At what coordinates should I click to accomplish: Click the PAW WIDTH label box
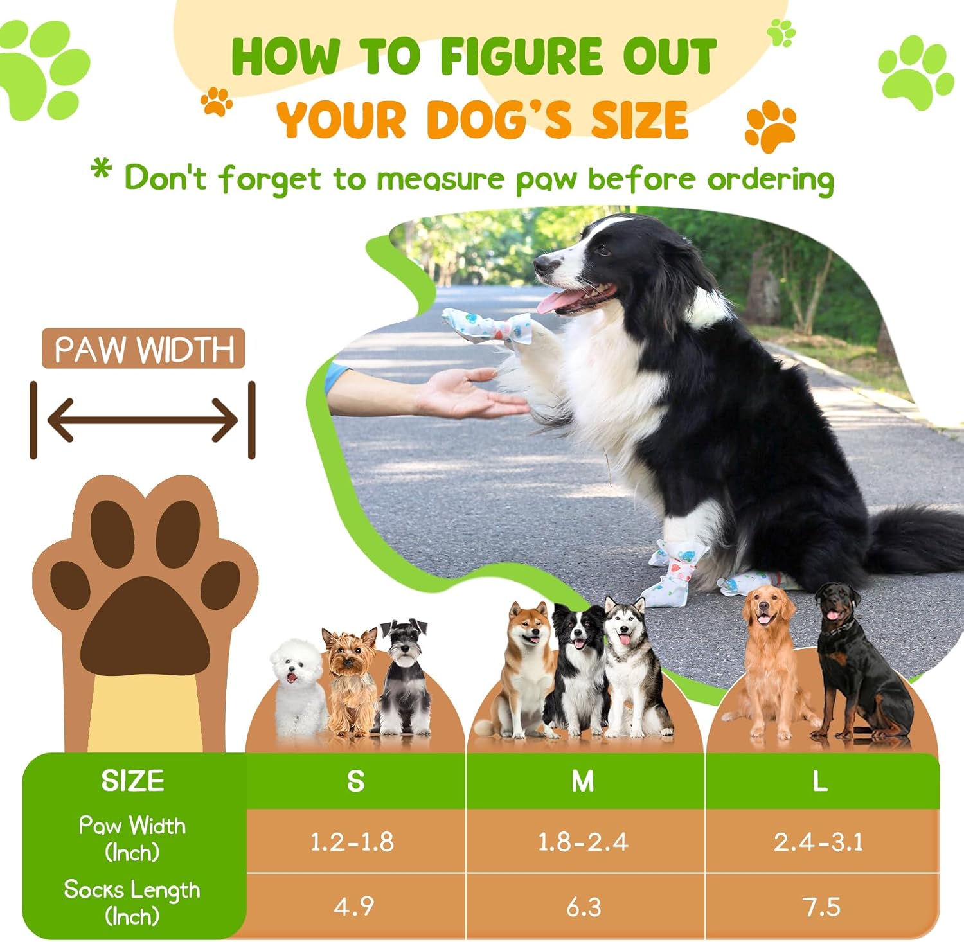click(143, 349)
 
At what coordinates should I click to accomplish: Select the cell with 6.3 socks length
click(584, 906)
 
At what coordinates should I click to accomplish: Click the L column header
click(820, 781)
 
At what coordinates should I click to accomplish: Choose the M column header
click(584, 781)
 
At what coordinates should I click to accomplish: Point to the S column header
click(355, 781)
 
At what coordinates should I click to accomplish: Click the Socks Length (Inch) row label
click(132, 902)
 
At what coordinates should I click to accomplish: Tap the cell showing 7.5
click(821, 906)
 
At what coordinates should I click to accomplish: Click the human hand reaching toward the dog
click(469, 393)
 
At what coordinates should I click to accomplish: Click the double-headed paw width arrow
click(143, 420)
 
